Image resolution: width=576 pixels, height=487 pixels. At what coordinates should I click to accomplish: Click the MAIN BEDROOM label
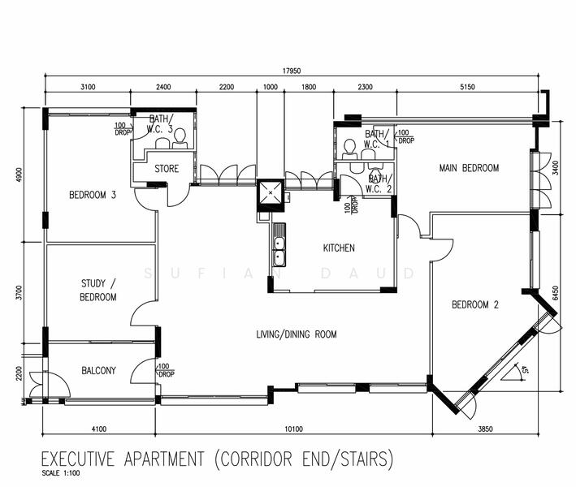[469, 168]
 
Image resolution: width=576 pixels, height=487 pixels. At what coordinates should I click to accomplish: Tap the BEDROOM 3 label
[93, 195]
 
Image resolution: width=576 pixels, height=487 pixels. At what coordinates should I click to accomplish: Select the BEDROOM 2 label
[475, 305]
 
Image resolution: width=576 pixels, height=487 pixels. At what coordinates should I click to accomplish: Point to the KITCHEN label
[339, 248]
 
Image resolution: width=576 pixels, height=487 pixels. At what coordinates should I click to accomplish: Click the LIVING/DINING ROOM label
[297, 334]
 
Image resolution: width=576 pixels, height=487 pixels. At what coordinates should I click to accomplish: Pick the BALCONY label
[99, 371]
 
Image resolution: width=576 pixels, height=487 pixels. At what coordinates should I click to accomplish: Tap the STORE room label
[167, 170]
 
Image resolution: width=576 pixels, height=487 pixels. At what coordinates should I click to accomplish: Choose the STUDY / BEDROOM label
[98, 291]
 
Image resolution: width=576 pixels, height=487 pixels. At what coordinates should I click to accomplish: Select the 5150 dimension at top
[467, 87]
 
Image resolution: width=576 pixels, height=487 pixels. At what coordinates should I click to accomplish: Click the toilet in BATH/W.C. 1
[350, 148]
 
